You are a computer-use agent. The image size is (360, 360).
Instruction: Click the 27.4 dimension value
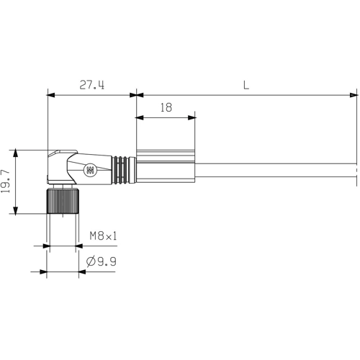tap(91, 85)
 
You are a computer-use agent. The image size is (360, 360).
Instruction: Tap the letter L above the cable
tap(246, 85)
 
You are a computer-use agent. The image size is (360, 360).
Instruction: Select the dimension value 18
tap(166, 107)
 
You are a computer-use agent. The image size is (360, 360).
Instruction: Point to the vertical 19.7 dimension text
tap(6, 181)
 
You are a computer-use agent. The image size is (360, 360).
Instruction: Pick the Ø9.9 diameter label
tap(102, 262)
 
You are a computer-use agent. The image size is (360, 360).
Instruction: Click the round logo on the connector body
tap(90, 171)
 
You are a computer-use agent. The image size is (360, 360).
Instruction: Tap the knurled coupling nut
tap(63, 201)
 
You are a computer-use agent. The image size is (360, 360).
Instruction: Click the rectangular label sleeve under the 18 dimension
tap(165, 168)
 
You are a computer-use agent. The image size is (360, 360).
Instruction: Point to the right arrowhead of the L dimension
tap(355, 94)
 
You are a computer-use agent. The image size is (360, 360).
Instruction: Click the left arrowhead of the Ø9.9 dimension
tap(42, 272)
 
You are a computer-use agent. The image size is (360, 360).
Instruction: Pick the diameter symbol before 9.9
tap(91, 262)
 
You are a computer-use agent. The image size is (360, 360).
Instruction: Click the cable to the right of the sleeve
tap(274, 170)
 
